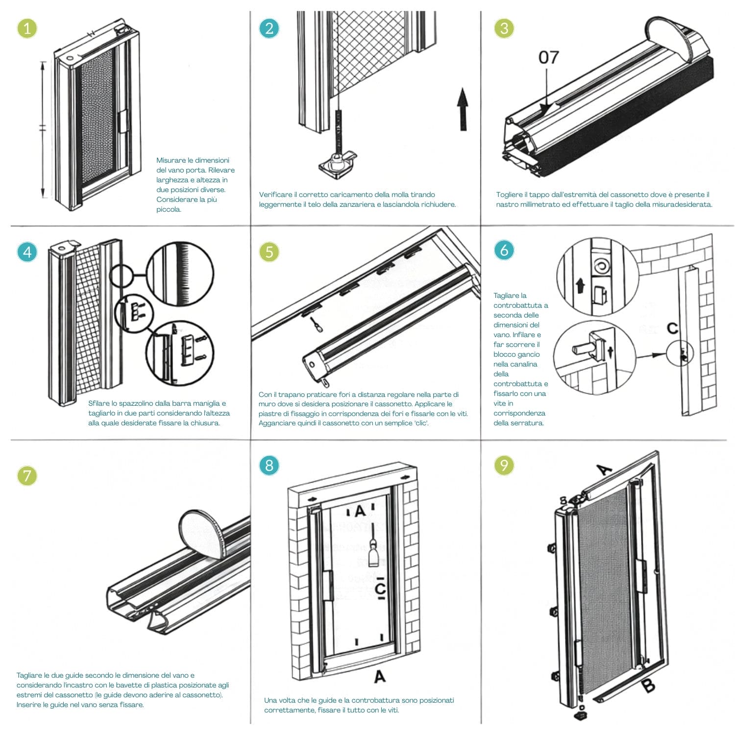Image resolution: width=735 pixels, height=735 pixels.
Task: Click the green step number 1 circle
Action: [x=27, y=28]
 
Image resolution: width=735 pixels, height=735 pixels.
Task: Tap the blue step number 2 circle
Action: [x=269, y=28]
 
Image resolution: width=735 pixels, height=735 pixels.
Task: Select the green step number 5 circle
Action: [x=269, y=252]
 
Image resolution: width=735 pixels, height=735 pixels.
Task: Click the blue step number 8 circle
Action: [x=269, y=465]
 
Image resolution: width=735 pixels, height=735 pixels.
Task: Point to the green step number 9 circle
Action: [x=504, y=465]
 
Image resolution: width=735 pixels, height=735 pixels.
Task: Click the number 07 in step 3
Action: [x=548, y=57]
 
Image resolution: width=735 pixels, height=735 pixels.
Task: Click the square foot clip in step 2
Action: [x=336, y=163]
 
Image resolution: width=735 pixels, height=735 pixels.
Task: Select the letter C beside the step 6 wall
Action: [x=673, y=328]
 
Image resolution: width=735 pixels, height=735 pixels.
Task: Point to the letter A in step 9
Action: [x=605, y=470]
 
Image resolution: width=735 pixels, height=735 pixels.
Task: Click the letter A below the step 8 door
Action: [x=380, y=677]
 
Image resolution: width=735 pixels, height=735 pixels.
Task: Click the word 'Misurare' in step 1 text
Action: [x=171, y=160]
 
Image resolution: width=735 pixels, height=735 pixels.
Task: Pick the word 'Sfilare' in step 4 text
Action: [x=99, y=403]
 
